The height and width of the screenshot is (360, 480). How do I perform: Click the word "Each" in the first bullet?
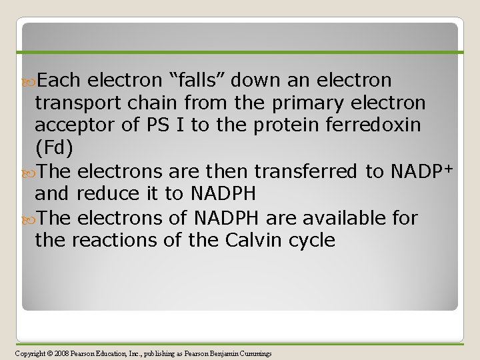point(58,81)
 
